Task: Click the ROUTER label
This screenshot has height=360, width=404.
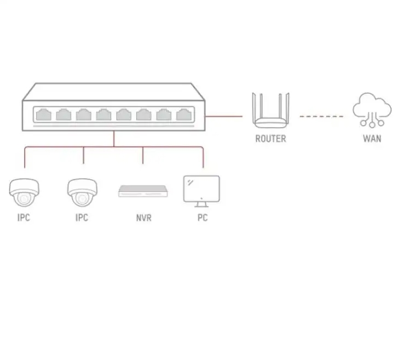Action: click(x=270, y=139)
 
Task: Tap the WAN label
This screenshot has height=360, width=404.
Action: click(x=372, y=139)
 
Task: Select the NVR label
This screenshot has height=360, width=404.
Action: click(x=144, y=218)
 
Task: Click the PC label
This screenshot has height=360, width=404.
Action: click(x=203, y=218)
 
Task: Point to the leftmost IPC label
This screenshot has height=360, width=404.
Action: click(x=24, y=218)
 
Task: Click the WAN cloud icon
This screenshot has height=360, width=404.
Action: click(x=372, y=110)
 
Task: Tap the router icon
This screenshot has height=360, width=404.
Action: click(x=270, y=110)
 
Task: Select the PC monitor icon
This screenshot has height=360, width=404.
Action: click(x=201, y=191)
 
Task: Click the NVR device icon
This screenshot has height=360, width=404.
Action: click(x=143, y=191)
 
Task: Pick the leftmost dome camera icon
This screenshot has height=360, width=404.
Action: click(x=24, y=192)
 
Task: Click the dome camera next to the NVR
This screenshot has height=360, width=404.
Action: click(x=83, y=192)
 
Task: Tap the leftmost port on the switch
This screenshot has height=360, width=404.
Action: click(x=44, y=115)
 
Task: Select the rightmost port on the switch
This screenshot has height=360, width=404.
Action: click(x=184, y=115)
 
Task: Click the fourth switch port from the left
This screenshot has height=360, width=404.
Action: click(x=103, y=115)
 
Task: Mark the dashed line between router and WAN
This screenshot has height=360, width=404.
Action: click(x=321, y=117)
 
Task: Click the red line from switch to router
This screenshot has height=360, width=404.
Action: click(x=224, y=116)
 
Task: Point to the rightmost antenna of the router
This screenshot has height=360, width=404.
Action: click(x=287, y=108)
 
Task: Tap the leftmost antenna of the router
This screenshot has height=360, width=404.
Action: click(x=254, y=108)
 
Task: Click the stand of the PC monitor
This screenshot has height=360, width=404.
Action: click(x=201, y=205)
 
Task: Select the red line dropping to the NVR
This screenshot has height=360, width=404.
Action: click(x=143, y=155)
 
